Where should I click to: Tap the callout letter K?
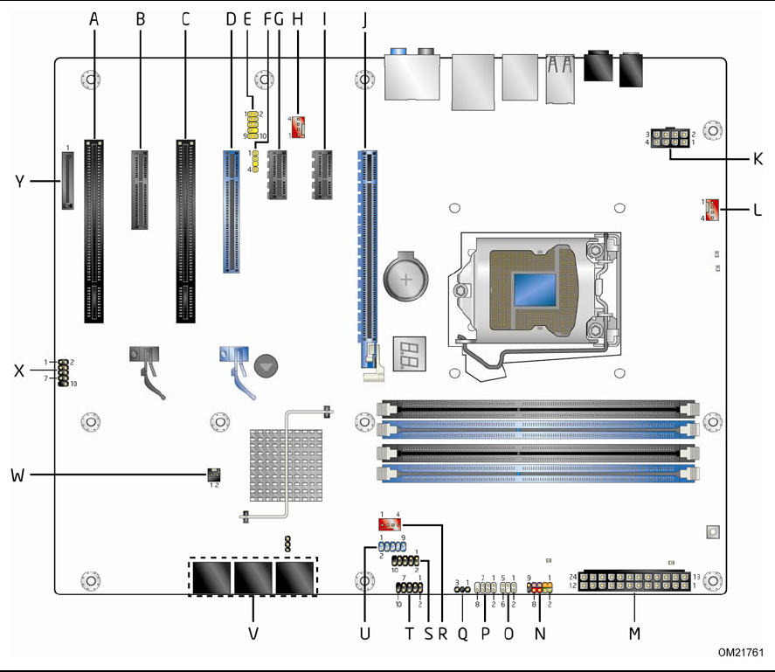point(758,159)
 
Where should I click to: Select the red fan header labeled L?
point(710,210)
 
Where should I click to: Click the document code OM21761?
point(742,653)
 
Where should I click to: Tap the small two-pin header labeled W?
point(212,475)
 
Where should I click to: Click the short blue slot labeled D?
point(232,209)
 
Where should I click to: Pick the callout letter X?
point(19,370)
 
